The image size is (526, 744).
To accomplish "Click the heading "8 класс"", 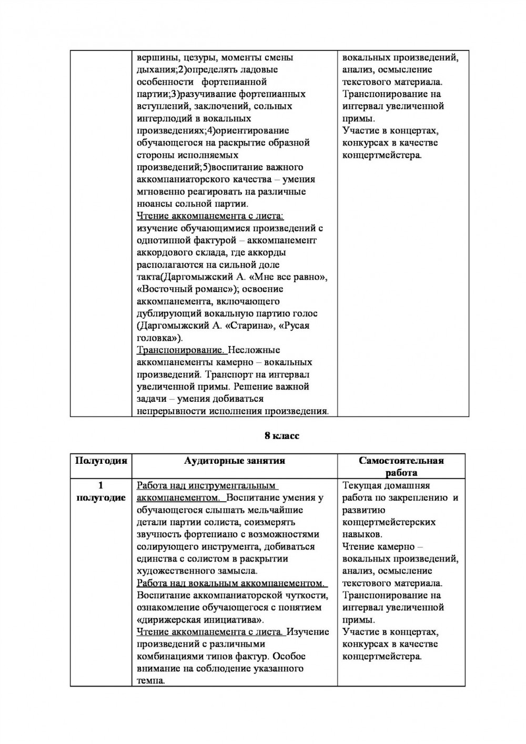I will click(x=281, y=436).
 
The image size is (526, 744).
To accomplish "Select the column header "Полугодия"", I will click(x=101, y=461).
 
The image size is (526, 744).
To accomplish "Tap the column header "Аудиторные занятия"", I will click(x=235, y=461).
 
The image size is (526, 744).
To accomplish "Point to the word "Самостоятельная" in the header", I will click(x=401, y=461).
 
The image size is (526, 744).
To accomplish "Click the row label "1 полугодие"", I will click(x=101, y=491).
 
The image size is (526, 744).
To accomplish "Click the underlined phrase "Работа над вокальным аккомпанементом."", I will click(x=231, y=583).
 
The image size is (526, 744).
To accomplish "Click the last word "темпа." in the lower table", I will click(x=151, y=680).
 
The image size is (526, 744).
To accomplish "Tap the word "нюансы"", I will click(x=153, y=204).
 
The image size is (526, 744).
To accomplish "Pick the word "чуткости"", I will click(x=307, y=595).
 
